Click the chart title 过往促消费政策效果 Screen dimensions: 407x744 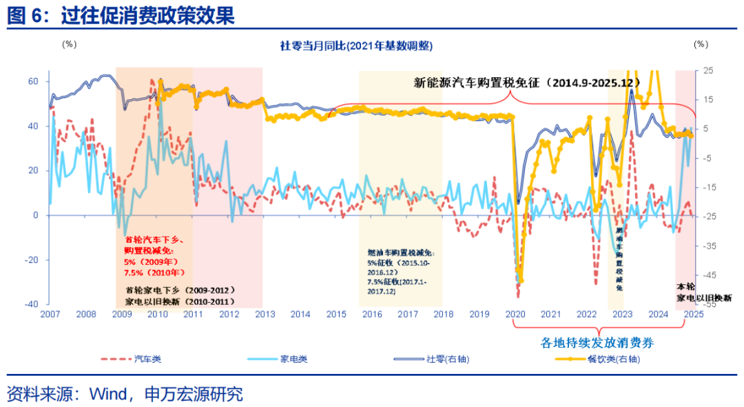click(x=147, y=15)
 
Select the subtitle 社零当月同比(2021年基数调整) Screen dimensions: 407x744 click(x=356, y=46)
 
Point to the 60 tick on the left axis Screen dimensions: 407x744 click(x=33, y=81)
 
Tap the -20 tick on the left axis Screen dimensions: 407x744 click(x=31, y=260)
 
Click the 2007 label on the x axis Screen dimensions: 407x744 click(x=50, y=315)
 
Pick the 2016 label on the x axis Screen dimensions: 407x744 click(x=372, y=315)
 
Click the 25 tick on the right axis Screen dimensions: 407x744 click(x=708, y=70)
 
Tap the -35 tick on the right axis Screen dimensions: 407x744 click(x=709, y=246)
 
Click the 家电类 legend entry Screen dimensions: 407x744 click(x=293, y=359)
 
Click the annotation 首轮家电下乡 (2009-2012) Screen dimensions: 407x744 click(x=180, y=290)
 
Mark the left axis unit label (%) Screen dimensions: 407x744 click(x=70, y=44)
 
